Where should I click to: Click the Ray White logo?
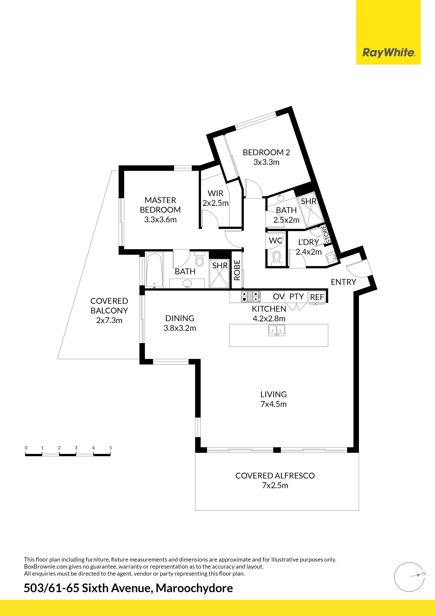click(x=388, y=53)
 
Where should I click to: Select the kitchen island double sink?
click(x=277, y=330)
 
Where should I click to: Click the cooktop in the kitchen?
click(x=251, y=296)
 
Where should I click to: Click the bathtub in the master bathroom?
click(x=154, y=270)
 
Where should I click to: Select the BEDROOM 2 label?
click(x=266, y=152)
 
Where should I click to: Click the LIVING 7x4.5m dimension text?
click(x=273, y=404)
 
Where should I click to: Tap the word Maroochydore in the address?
click(x=194, y=588)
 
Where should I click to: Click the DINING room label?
click(x=180, y=318)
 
